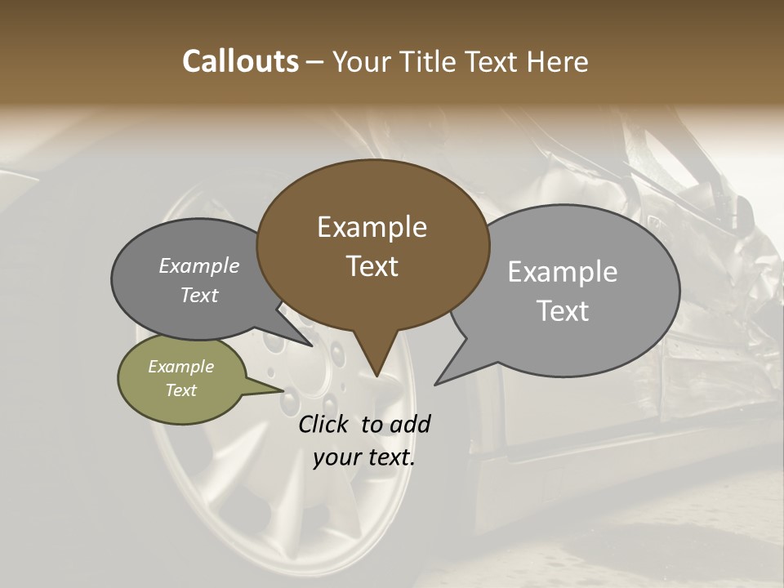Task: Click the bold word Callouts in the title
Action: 240,61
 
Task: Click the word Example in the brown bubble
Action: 372,227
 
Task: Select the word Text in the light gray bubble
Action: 563,311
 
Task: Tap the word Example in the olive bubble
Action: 180,367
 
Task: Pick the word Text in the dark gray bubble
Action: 199,295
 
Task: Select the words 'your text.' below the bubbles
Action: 364,457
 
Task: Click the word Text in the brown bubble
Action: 372,266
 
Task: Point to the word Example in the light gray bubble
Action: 563,272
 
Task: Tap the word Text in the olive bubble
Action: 180,390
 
